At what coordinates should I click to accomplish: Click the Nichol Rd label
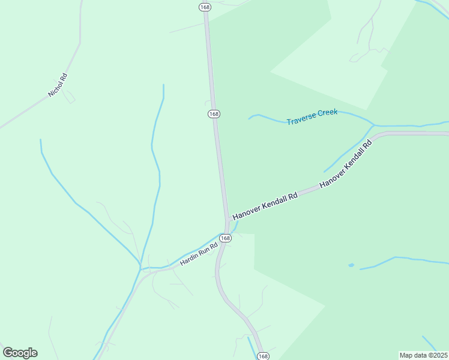[58, 86]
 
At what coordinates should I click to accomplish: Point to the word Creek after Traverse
[328, 113]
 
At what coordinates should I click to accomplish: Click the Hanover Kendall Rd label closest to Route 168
[265, 206]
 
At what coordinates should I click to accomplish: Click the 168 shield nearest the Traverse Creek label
[214, 114]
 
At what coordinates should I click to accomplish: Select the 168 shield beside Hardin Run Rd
[224, 238]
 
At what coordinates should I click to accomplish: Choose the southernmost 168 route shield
[262, 356]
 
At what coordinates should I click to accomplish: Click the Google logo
[20, 353]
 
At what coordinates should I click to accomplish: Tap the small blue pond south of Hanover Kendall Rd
[351, 265]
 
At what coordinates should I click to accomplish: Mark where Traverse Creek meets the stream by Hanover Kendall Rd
[373, 125]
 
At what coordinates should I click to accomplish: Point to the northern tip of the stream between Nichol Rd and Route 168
[163, 85]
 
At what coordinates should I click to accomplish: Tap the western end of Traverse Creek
[249, 118]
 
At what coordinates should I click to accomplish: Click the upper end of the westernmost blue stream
[40, 140]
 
